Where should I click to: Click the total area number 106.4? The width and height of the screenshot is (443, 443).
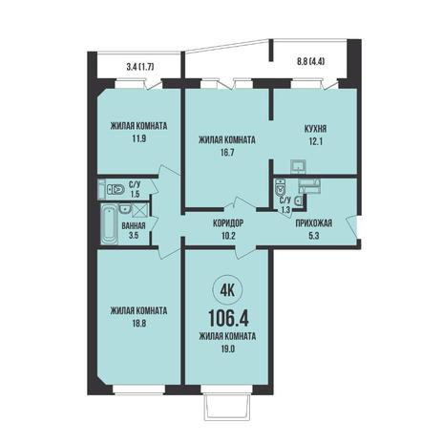tap(228, 318)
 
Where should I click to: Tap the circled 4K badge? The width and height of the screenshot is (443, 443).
tap(227, 290)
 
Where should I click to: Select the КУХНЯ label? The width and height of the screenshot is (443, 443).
tap(315, 129)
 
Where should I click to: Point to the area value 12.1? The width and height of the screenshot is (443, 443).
tap(315, 141)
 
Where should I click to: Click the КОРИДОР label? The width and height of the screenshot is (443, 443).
tap(228, 223)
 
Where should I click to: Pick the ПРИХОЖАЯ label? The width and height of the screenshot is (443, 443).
tap(314, 223)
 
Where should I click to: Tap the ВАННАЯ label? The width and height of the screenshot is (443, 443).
tap(134, 226)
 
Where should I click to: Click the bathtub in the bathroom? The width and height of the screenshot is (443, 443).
tap(109, 225)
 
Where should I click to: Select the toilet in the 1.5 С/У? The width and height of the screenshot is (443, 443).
tap(115, 190)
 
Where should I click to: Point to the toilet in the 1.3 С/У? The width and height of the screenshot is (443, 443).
tap(280, 188)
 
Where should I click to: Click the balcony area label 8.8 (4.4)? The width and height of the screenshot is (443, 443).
tap(311, 62)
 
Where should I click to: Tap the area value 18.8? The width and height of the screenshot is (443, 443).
tap(138, 324)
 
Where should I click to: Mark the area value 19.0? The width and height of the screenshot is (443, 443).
tap(227, 348)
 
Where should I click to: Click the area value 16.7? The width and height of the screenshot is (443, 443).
tap(227, 153)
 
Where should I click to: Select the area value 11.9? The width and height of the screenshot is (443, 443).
tap(138, 138)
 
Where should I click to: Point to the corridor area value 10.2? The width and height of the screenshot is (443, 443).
tap(228, 236)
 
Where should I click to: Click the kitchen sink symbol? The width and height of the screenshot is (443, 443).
tap(298, 166)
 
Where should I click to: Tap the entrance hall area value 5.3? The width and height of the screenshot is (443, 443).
tap(314, 236)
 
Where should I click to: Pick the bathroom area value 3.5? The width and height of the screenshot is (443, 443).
tap(134, 236)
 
